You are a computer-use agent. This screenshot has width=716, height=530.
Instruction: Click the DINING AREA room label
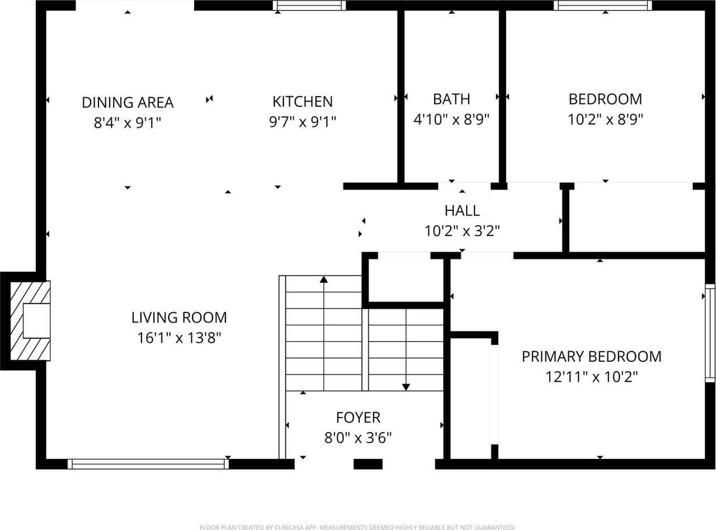[128, 103]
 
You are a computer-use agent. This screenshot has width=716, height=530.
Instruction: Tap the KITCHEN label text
[302, 102]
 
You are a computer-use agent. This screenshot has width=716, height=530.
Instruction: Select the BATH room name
[451, 99]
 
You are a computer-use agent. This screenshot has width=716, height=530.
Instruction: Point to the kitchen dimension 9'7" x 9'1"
[302, 122]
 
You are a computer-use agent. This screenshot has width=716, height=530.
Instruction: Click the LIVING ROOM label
[179, 318]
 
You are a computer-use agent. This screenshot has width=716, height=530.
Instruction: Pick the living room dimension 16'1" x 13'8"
[179, 338]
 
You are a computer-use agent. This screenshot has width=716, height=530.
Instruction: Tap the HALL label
[462, 211]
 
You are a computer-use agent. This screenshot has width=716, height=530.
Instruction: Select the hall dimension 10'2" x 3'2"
[462, 231]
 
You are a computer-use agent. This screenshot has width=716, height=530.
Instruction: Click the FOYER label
[358, 418]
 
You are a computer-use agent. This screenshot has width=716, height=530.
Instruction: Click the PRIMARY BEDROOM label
[591, 357]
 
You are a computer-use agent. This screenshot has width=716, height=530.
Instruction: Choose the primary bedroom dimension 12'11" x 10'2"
[591, 377]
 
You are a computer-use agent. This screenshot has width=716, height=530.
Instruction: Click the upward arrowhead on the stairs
[324, 279]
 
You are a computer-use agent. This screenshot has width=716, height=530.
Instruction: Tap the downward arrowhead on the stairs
[406, 386]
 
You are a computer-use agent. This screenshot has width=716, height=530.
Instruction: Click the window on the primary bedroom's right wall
[709, 333]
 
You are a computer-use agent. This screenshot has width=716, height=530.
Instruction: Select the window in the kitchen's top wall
[309, 6]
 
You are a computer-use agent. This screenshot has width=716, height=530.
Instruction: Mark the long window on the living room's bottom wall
[148, 463]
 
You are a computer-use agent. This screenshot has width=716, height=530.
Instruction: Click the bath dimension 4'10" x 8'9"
[451, 119]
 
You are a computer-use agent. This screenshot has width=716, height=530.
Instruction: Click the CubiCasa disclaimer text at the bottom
[357, 527]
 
